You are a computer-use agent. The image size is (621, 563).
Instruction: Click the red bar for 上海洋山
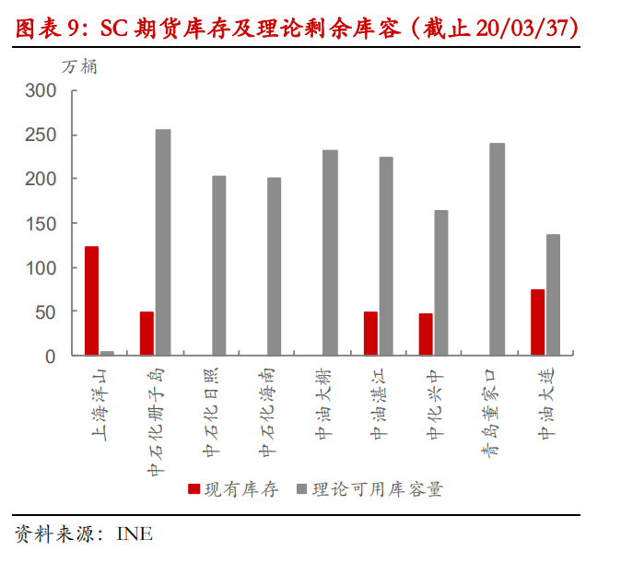[x=91, y=300]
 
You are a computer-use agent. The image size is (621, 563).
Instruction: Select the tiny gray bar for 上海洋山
[x=107, y=353]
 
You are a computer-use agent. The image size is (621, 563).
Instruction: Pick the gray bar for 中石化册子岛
[x=163, y=242]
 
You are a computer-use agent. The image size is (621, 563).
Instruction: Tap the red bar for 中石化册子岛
[x=146, y=334]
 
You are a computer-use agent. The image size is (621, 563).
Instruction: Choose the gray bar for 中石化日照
[x=218, y=265]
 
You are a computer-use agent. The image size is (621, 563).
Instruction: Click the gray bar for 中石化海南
[x=275, y=266]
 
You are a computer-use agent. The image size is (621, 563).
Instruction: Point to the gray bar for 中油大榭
[x=330, y=252]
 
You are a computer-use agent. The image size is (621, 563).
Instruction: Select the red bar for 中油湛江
[x=370, y=334]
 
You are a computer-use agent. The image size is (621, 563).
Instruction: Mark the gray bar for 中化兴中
[x=441, y=283]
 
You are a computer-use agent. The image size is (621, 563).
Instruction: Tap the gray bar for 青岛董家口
[x=498, y=249]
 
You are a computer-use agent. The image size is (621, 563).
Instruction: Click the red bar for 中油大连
[x=537, y=323]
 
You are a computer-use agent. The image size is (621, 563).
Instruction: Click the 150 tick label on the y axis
[x=42, y=223]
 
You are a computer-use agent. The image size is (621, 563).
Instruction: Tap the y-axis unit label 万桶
[x=79, y=66]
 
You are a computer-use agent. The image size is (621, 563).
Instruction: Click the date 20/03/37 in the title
[x=521, y=29]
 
